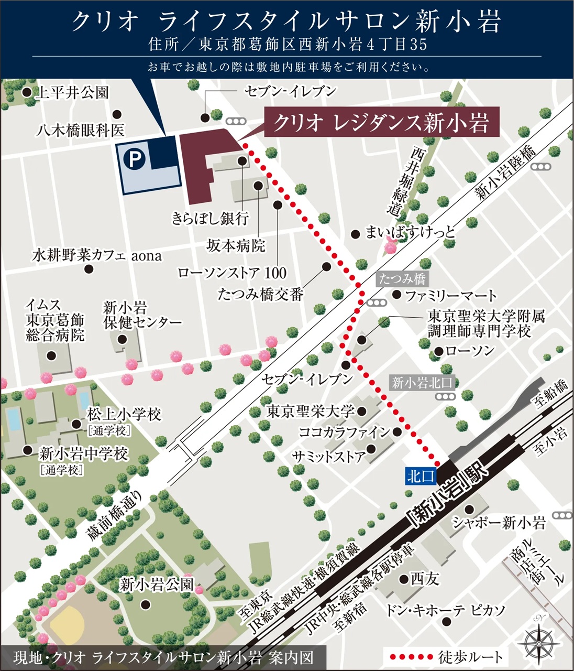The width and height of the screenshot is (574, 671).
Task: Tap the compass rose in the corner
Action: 539,640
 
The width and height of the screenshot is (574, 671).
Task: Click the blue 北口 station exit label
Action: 420,475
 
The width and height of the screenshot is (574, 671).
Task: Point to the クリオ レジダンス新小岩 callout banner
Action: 381,123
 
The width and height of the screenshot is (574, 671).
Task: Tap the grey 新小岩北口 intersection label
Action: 422,382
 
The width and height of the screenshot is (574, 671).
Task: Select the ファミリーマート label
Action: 450,296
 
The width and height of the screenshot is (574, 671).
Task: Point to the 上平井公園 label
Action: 72,93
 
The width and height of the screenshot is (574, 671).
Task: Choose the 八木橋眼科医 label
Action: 80,129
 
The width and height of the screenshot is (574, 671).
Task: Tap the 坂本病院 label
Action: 236,245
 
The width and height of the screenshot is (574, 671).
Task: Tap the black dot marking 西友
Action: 404,579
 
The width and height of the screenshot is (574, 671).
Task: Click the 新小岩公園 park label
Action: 157,584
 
